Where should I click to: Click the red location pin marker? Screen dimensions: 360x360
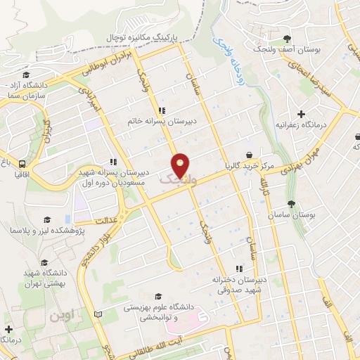tap(180, 165)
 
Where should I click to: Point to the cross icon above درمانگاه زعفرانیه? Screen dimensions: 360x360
tap(301, 114)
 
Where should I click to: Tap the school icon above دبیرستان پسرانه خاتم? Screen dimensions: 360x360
tap(162, 110)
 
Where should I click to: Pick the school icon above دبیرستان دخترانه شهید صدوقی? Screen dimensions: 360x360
tap(239, 268)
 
